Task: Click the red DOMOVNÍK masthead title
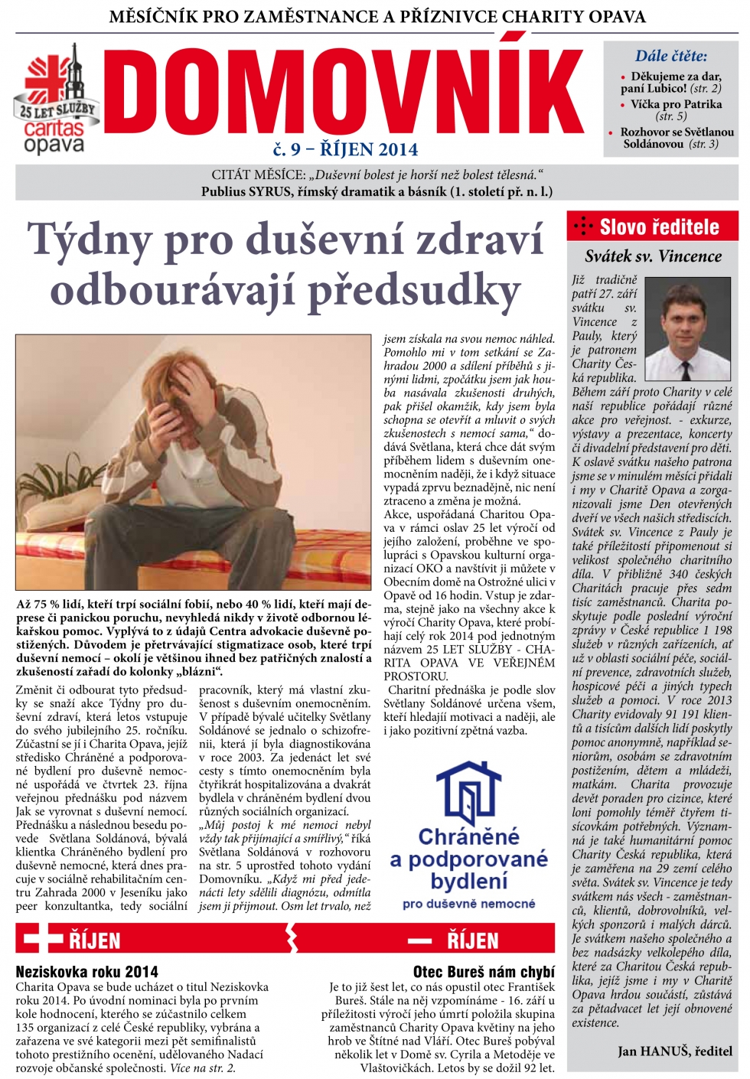click(342, 93)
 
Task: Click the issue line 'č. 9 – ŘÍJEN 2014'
click(345, 149)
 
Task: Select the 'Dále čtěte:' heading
click(670, 56)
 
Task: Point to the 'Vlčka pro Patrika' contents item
click(676, 104)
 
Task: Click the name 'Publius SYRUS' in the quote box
click(246, 191)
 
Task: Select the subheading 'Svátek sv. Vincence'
click(653, 256)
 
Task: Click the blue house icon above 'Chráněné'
click(468, 793)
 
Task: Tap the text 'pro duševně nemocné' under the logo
click(468, 904)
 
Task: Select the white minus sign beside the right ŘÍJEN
click(419, 940)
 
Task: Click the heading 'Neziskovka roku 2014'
click(87, 972)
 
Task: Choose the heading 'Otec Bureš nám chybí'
click(484, 972)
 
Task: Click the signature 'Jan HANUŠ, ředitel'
click(674, 1051)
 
